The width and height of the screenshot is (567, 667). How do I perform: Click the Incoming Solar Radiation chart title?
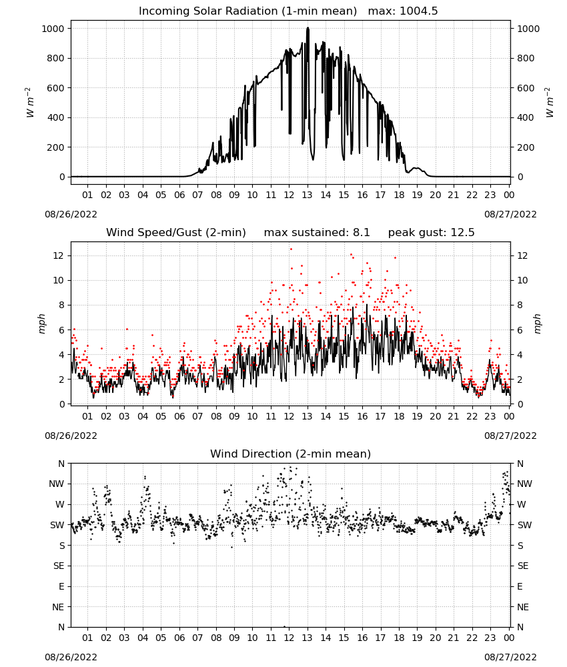247,11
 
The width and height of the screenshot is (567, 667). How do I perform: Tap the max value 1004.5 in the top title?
418,11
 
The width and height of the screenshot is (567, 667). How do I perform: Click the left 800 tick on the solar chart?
56,58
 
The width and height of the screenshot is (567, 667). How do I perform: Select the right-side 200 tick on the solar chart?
526,147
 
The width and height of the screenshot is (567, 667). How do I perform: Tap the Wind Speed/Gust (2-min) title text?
175,233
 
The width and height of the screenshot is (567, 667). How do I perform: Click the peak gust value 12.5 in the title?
462,232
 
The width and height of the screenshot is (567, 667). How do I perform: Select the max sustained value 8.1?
361,232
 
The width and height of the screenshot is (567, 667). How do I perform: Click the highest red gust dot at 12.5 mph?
291,249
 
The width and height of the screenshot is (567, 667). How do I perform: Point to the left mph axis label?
41,323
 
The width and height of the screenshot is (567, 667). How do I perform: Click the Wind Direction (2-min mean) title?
291,454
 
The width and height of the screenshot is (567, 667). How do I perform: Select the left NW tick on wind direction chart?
57,484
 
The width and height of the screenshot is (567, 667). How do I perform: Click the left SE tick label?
59,566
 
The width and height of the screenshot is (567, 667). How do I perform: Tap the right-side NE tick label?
523,608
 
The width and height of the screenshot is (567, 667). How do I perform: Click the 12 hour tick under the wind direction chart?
289,638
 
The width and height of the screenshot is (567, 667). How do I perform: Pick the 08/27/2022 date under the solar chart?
510,214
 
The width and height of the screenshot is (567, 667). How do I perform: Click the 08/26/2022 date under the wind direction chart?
71,657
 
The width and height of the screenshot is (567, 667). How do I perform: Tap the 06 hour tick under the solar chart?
179,195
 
